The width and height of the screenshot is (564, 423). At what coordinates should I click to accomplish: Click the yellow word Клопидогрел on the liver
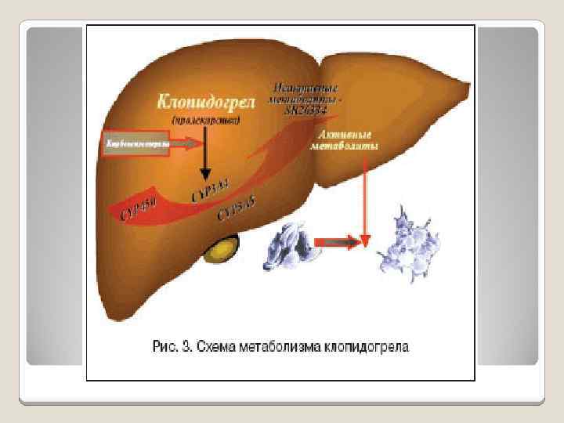[204, 102]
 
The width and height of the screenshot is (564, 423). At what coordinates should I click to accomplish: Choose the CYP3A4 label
[210, 190]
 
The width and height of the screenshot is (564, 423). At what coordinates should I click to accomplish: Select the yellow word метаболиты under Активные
[345, 147]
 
